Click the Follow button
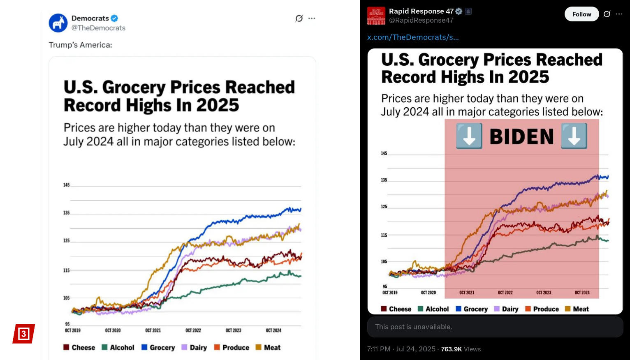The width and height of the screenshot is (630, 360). click(x=581, y=14)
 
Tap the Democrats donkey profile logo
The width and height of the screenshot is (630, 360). click(x=58, y=23)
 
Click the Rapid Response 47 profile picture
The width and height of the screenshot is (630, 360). click(x=376, y=16)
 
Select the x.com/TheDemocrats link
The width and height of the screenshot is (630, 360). click(x=413, y=37)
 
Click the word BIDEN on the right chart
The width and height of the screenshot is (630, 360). click(x=521, y=137)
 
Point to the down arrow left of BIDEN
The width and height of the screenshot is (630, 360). click(x=469, y=136)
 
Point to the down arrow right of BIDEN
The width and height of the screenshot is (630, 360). click(x=574, y=136)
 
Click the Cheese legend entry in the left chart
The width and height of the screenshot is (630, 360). click(x=79, y=348)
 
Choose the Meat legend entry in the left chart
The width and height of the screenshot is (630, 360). click(x=268, y=348)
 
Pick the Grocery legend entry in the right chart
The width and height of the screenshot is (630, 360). click(x=472, y=309)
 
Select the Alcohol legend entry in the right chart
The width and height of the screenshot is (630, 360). click(x=433, y=309)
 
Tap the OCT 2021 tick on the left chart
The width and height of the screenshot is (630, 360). click(x=153, y=330)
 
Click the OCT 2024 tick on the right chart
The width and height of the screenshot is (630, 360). click(x=582, y=293)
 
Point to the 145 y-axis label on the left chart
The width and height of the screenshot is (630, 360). click(x=66, y=185)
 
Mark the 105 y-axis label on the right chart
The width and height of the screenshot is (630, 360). click(x=384, y=261)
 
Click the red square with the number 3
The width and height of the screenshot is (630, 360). click(x=23, y=334)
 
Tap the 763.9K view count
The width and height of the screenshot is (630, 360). click(x=452, y=349)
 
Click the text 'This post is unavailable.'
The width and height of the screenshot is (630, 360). click(x=413, y=327)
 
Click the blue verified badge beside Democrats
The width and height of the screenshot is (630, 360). click(x=114, y=18)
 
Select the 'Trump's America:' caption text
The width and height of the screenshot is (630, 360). click(x=80, y=45)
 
